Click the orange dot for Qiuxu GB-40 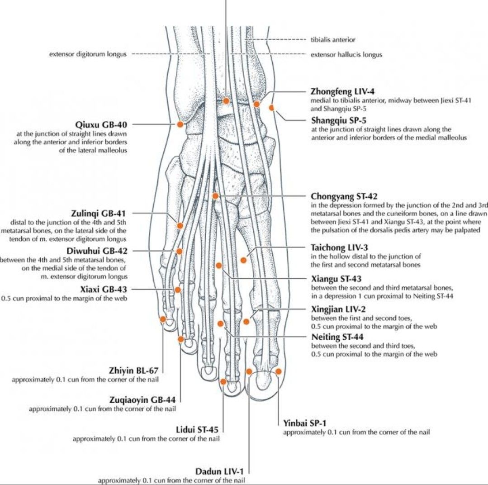point(180,124)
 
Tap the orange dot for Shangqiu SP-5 point(271,108)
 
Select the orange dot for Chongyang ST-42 point(215,196)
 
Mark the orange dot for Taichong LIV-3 point(244,260)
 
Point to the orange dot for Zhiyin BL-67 point(163,319)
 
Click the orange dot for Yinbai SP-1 point(279,371)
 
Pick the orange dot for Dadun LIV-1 point(249,371)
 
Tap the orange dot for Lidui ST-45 point(223,382)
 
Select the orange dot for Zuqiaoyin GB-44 point(181,339)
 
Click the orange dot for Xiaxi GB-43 point(177,290)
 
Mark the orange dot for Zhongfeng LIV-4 point(257,104)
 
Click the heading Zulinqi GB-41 point(98,214)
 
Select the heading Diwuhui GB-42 point(97,251)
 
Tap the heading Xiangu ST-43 point(336,279)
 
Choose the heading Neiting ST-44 point(337,337)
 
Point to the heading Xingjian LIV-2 point(338,309)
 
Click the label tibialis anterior point(333,40)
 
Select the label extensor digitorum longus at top point(88,54)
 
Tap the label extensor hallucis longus point(346,55)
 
